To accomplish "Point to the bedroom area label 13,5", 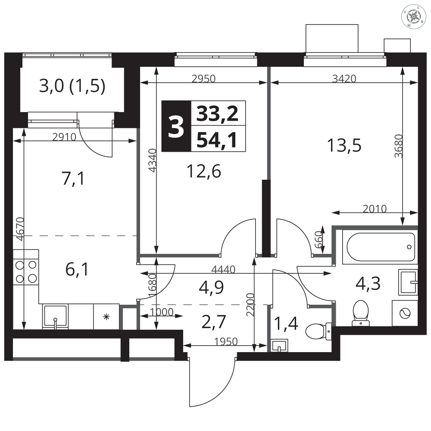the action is (344, 145).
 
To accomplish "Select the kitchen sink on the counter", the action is (56, 317).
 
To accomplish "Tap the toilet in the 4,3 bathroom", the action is (360, 313).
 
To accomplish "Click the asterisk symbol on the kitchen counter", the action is (106, 317).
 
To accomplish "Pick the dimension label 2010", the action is (375, 209).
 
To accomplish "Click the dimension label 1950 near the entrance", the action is (226, 341).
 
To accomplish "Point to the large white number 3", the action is (176, 127).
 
